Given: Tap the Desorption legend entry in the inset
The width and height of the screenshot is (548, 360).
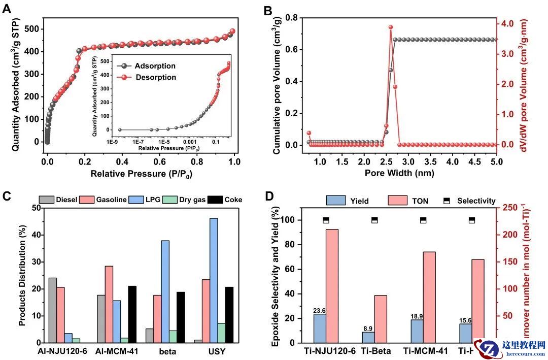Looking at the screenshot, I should [x=156, y=77].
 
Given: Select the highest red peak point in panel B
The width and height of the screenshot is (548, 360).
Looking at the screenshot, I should [x=391, y=27].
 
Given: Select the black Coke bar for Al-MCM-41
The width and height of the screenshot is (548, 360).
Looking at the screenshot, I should [x=132, y=314].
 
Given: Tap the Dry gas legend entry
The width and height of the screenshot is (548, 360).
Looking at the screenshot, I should [x=192, y=200].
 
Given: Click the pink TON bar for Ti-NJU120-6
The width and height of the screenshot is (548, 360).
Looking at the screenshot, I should [x=332, y=286].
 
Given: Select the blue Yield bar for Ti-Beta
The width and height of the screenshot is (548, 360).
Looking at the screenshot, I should [x=368, y=337].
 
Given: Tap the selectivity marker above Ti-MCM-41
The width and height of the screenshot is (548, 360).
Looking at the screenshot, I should [x=423, y=220].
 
